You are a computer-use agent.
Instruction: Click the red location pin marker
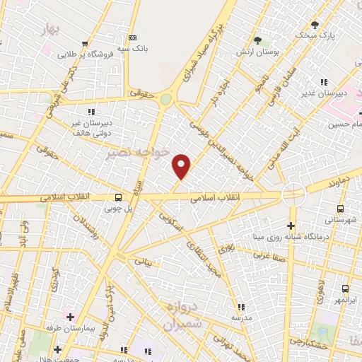(182, 165)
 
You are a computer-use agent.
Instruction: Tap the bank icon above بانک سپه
(132, 37)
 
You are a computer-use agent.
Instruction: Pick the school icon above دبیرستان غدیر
(325, 83)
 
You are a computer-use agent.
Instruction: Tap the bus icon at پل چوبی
(118, 197)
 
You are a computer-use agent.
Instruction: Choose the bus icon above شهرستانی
(340, 209)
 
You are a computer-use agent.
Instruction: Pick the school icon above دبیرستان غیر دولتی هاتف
(91, 112)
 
